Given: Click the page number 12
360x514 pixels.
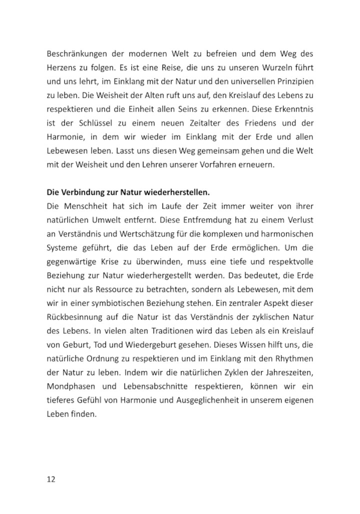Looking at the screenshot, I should pos(51,479).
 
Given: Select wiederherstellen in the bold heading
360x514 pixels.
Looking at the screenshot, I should pos(177,191).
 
